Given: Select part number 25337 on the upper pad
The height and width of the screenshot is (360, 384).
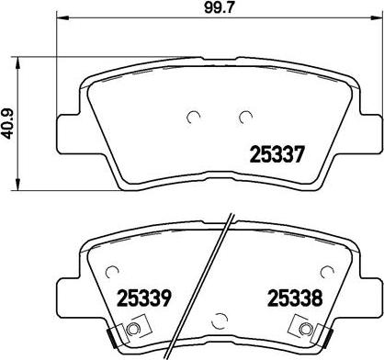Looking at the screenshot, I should tap(277, 155).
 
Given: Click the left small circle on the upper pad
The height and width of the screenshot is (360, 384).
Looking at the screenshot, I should tap(192, 117).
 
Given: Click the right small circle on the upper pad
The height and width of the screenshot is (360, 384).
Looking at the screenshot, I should tap(244, 117).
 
